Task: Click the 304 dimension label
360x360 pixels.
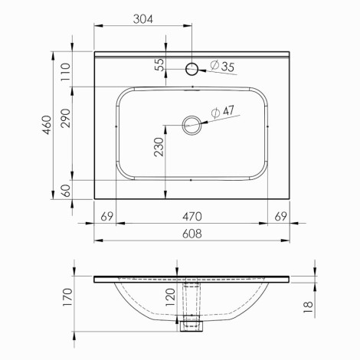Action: [x=143, y=19]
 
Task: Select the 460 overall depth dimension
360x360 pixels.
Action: [x=47, y=125]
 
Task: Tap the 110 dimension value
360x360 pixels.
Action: [x=66, y=72]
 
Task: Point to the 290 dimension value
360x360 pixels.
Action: [x=66, y=118]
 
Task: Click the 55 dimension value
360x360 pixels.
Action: [x=159, y=65]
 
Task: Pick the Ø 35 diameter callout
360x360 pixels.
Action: [x=222, y=66]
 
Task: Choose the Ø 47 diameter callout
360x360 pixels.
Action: [x=223, y=112]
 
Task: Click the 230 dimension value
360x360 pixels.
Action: [x=159, y=147]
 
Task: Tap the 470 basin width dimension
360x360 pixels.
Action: [x=192, y=217]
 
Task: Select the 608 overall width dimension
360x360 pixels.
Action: [x=192, y=234]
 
